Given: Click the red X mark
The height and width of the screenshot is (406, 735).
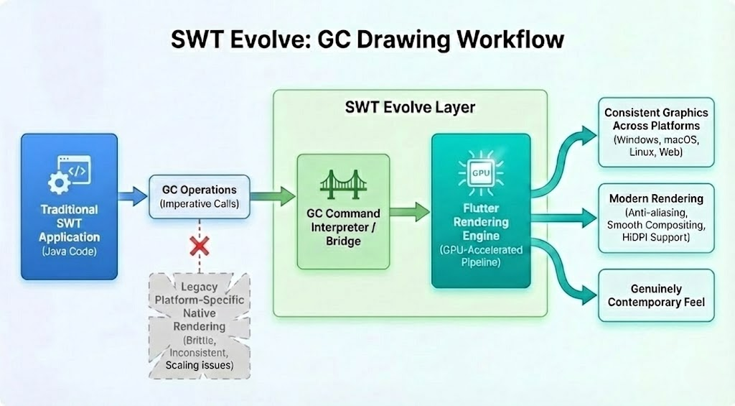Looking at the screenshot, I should pos(199,248).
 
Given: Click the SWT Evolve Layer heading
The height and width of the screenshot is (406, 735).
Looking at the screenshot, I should pos(410,108).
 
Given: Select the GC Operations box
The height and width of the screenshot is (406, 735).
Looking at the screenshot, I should pos(199,195).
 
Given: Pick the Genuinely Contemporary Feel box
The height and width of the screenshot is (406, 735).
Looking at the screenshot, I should pos(656,295).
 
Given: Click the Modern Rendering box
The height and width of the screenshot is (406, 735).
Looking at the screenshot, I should pos(656,218).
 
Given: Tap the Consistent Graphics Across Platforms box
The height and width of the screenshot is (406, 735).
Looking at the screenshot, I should pos(656,133).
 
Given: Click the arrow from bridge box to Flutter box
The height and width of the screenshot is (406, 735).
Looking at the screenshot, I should pos(409,211).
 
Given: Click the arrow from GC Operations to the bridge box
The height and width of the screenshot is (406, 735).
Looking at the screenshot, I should pos(273,194).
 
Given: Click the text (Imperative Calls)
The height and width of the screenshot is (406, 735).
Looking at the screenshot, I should pos(199,203).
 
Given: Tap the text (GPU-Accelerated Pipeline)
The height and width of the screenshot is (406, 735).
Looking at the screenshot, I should pos(480,257).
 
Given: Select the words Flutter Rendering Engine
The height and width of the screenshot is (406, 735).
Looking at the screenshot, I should pos(480,222).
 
